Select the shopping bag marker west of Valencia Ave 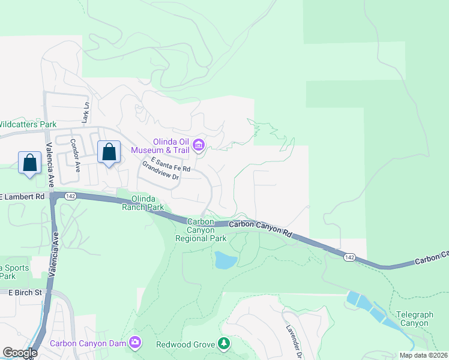point(29,163)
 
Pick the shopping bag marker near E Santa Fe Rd point(109,152)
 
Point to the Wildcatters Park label point(27,124)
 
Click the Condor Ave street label point(76,152)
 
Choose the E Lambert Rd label point(23,196)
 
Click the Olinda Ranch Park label point(143,203)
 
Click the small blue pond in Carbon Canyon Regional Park point(225,260)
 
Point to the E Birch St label point(23,292)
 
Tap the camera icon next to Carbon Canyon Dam point(136,343)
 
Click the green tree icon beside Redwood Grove point(224,343)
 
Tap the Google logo point(20,352)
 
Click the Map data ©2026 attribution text point(423,355)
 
